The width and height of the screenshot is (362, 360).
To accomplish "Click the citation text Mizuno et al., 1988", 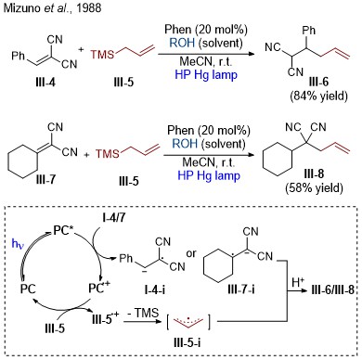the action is coord(52,7).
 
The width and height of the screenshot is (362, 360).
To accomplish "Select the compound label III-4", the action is coord(45,83).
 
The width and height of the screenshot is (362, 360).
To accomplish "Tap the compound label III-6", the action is coord(318,82).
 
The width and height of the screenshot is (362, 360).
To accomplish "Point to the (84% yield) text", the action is coord(318,96).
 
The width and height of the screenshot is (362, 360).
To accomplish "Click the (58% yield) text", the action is coord(315,187).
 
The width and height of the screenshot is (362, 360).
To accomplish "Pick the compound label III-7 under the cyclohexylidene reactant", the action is coord(45,179).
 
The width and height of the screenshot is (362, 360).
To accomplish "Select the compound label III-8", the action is coord(314,174).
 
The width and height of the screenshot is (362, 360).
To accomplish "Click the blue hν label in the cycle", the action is coord(18,244).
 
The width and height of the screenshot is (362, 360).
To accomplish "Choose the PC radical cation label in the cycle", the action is coord(99,288).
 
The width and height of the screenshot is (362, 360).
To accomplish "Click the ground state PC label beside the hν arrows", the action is coord(28,289).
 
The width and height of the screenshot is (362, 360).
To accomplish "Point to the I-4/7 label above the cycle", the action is coord(114,218).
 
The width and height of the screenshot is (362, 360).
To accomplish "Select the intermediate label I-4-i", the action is coord(155,289).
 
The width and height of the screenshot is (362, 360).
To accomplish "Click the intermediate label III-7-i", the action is coord(241,289).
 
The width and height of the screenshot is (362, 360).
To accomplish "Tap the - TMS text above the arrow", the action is coord(143,313).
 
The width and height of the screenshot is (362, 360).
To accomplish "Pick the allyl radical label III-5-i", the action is coord(187,342).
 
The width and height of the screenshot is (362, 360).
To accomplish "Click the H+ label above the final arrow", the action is coord(299,282).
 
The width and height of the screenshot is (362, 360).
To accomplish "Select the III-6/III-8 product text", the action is coord(331,290).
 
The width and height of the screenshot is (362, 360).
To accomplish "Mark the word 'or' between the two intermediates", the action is coord(191,254).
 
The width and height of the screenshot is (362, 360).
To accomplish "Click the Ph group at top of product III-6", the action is coord(309,30).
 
